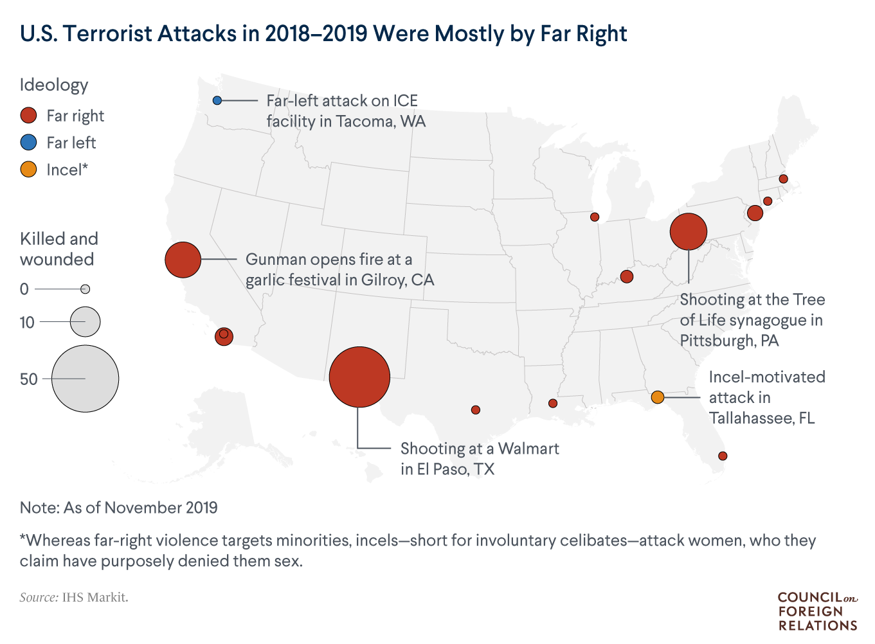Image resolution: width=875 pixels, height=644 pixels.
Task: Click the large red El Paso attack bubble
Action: (359, 377)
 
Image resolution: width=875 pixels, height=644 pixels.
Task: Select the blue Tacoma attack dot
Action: (217, 100)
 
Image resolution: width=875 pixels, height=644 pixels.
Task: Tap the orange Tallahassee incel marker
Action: (657, 397)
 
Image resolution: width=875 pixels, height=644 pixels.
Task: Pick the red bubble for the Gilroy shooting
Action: (183, 260)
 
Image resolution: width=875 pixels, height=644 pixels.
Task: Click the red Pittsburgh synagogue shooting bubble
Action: (688, 231)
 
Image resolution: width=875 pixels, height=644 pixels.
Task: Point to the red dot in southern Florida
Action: (723, 456)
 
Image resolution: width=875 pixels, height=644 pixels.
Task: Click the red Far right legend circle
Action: (29, 116)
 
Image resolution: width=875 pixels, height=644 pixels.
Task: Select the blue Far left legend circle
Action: (29, 143)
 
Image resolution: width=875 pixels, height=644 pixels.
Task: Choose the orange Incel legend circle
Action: (29, 170)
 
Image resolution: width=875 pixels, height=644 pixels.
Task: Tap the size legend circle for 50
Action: (85, 379)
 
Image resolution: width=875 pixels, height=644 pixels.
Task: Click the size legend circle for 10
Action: (85, 321)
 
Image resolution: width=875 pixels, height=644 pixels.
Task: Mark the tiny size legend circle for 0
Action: (85, 289)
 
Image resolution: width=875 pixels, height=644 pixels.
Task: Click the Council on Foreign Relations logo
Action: (817, 611)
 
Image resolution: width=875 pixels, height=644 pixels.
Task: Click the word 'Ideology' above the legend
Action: (54, 85)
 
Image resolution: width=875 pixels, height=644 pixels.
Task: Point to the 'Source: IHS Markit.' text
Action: (74, 597)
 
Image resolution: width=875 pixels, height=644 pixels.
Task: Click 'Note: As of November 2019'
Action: (119, 508)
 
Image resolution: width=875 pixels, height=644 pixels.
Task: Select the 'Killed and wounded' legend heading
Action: (59, 249)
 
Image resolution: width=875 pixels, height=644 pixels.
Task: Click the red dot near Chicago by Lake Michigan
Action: (595, 217)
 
